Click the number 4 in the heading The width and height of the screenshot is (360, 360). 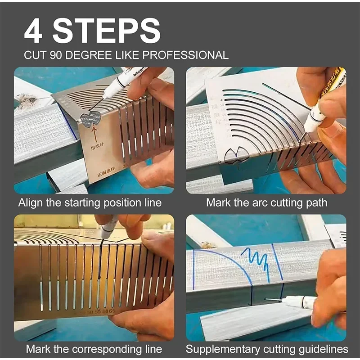(34, 31)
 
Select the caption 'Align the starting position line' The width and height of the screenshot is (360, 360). (90, 202)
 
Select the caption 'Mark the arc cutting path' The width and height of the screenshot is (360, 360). (266, 202)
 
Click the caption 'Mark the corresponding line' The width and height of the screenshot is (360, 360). (94, 349)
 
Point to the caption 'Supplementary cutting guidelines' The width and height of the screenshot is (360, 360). (267, 349)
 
